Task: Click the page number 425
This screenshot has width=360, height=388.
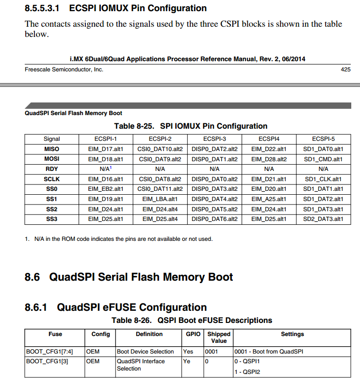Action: tap(345, 70)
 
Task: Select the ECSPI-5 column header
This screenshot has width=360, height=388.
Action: tap(323, 139)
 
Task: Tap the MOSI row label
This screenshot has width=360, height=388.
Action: tap(51, 159)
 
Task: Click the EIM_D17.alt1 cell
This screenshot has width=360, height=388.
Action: tap(106, 149)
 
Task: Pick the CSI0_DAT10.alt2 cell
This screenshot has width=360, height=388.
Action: tap(160, 149)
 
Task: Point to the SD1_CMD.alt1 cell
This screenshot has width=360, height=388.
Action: tap(323, 159)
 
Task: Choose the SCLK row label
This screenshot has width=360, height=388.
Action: tap(51, 179)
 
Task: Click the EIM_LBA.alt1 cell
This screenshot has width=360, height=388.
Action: tap(160, 199)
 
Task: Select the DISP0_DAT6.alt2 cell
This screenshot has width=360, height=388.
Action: tap(214, 219)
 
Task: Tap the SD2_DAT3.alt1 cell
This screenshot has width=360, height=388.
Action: tap(323, 219)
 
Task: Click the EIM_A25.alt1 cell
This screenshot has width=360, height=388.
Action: tap(269, 199)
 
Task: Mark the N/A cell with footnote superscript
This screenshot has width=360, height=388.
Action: tap(106, 169)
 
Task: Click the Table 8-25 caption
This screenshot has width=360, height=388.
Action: tap(191, 126)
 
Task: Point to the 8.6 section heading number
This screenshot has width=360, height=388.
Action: tap(33, 277)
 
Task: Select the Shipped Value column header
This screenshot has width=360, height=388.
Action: tap(219, 337)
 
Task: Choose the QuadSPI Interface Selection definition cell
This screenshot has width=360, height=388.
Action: tap(141, 365)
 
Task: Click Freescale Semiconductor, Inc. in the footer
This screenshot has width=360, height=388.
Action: tap(64, 70)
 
